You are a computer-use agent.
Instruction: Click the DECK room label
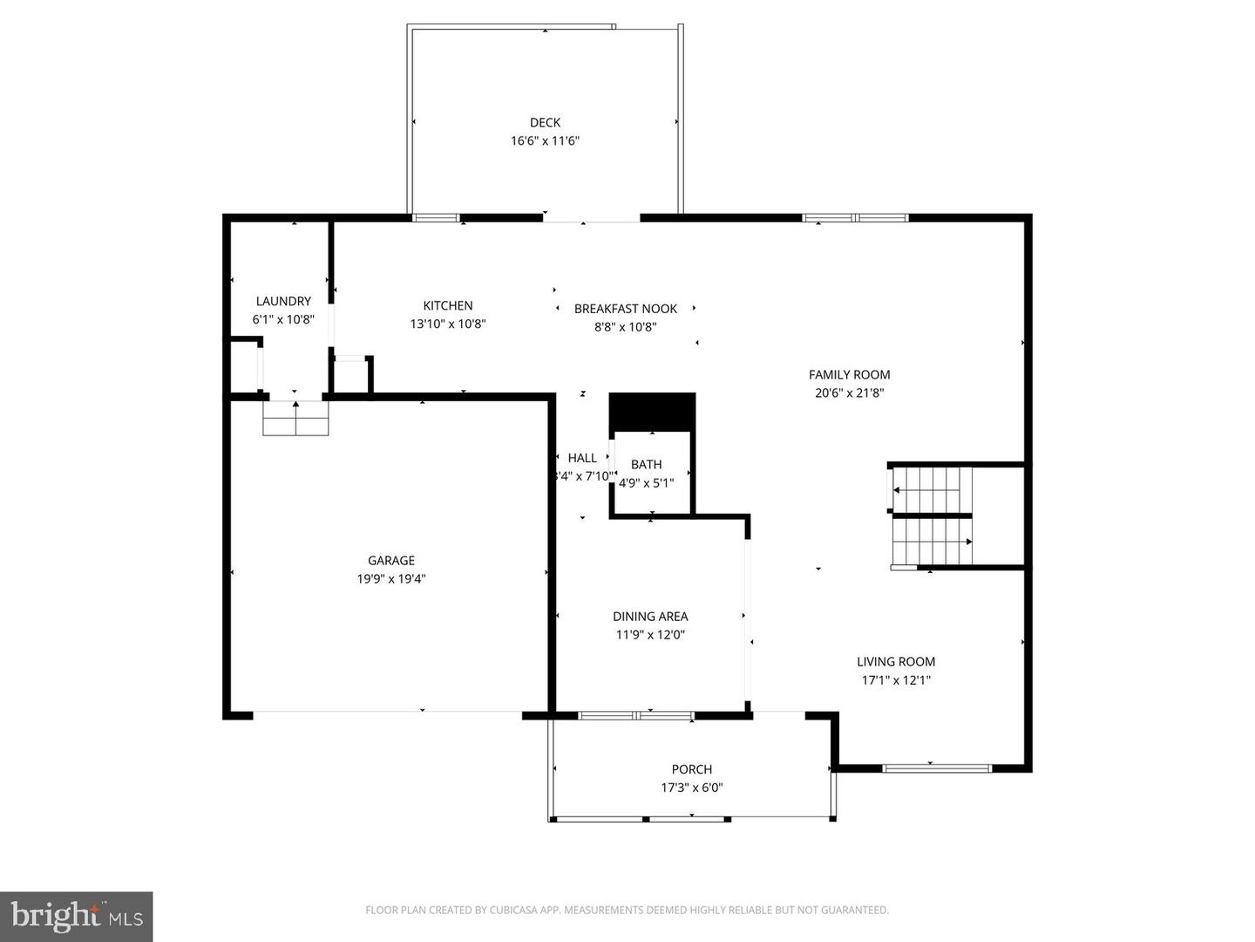545,122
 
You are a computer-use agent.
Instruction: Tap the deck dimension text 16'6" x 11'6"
545,140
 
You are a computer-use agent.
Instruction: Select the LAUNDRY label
283,301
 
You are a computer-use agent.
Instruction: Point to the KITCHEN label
448,305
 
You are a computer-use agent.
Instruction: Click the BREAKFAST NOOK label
625,309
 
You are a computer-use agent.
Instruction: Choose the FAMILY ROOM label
849,374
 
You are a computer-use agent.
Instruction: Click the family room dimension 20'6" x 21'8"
849,392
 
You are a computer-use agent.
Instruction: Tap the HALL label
582,458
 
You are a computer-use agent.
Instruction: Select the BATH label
646,464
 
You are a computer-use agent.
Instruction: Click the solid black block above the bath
652,411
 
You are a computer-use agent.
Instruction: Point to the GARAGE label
391,560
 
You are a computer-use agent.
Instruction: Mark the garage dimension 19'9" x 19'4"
391,578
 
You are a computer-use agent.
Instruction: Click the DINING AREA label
650,616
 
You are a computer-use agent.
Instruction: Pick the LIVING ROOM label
895,661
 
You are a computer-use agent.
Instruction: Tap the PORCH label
691,768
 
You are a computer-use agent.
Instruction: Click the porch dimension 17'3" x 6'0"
691,788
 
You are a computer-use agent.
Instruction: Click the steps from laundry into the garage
296,418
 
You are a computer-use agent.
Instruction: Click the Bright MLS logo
77,916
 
